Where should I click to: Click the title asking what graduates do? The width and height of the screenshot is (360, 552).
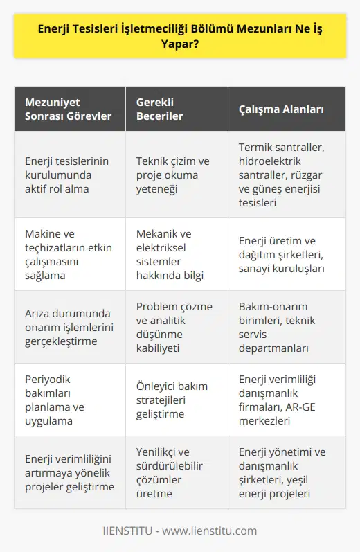click(x=180, y=40)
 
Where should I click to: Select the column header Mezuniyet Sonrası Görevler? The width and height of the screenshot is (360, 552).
click(x=68, y=109)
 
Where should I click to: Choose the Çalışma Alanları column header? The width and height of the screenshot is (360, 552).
click(x=281, y=109)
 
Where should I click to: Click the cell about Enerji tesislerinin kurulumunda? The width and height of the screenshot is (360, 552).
click(x=68, y=175)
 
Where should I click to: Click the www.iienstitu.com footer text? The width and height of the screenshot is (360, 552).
click(x=207, y=531)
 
